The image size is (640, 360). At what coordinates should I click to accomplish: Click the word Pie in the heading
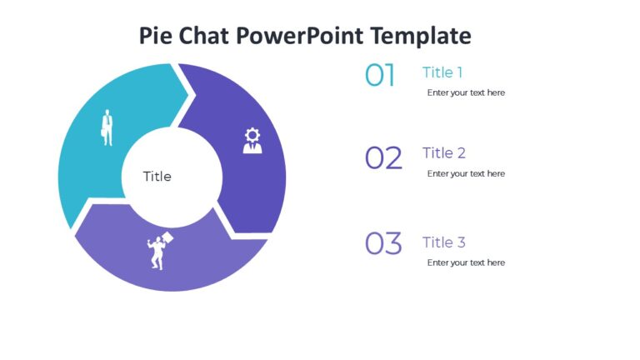(x=157, y=37)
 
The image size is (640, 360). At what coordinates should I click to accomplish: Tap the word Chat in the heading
(x=204, y=36)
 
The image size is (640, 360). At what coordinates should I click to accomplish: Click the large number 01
(x=380, y=76)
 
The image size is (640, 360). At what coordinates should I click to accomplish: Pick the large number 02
(x=383, y=157)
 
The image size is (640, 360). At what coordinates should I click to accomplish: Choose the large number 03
(x=383, y=244)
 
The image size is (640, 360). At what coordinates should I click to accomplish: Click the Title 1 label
(x=442, y=72)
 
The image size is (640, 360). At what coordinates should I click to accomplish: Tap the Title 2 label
(x=444, y=153)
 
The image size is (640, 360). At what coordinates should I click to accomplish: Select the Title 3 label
(x=444, y=242)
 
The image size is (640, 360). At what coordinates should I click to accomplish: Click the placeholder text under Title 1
(x=466, y=92)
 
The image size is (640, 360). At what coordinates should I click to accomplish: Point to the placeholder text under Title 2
(x=466, y=173)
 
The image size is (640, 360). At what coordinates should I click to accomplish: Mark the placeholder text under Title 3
(x=466, y=262)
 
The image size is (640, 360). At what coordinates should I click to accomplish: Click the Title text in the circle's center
(x=157, y=177)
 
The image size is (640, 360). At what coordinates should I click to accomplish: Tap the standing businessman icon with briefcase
(x=107, y=127)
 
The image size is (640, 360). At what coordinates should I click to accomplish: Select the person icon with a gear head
(x=252, y=140)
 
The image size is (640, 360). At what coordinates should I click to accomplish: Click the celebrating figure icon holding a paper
(x=157, y=251)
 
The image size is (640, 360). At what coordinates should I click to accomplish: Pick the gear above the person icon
(x=252, y=134)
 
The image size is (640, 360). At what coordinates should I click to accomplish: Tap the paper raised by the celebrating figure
(x=167, y=238)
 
